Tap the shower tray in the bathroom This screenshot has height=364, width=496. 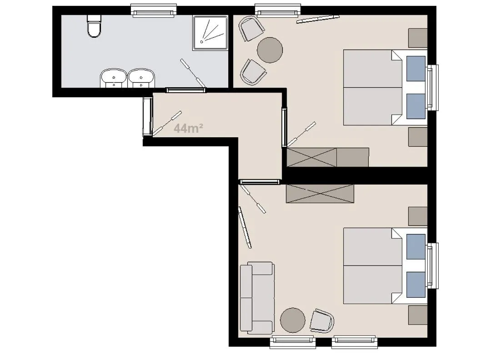tap(210, 33)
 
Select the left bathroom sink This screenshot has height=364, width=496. tap(113, 78)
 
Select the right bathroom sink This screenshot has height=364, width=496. tap(141, 78)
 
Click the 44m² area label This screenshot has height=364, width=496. tap(188, 129)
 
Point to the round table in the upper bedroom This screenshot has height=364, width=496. tap(270, 50)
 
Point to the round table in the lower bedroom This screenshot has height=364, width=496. tap(293, 320)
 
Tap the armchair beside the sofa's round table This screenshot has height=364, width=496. tap(322, 321)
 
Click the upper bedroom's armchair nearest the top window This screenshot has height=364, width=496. tap(251, 28)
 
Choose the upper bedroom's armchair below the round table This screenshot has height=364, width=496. tap(252, 72)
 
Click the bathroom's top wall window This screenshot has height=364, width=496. tap(154, 10)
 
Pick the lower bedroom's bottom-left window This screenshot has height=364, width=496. tap(292, 342)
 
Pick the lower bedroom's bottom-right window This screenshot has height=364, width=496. tap(354, 342)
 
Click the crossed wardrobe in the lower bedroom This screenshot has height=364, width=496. tap(320, 194)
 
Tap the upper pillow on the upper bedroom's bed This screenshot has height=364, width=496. tap(416, 67)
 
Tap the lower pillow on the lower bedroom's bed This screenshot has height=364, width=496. tap(416, 284)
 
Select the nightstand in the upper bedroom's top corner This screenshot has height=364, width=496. tap(418, 38)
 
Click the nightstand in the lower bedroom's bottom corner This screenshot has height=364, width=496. tap(418, 315)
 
